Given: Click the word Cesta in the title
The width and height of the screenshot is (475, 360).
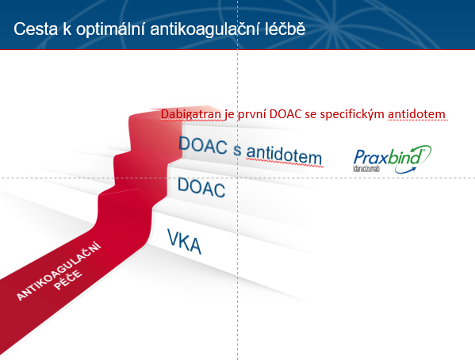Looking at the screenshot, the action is [36, 29].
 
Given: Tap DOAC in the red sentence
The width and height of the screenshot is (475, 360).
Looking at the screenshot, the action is [285, 114].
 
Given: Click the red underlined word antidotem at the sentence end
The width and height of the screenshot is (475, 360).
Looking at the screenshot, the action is [417, 114].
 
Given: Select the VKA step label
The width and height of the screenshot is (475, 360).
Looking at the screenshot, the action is [184, 242].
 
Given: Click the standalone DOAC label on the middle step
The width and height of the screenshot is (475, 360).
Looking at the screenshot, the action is [201, 187].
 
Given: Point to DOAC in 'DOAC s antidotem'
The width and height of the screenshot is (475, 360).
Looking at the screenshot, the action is [203, 145].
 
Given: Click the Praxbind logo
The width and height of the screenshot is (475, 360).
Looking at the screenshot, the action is [392, 159].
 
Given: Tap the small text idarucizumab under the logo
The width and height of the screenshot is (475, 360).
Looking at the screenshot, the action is [366, 168].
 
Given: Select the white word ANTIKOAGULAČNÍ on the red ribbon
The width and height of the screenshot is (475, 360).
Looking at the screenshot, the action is [59, 271].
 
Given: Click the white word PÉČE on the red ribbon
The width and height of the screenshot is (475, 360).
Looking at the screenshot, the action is [68, 280].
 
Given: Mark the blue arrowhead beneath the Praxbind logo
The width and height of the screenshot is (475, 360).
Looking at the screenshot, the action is [412, 168].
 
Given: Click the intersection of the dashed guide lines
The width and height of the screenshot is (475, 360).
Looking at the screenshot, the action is [238, 178].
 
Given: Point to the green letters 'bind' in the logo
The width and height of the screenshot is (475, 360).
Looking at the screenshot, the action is [405, 157].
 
